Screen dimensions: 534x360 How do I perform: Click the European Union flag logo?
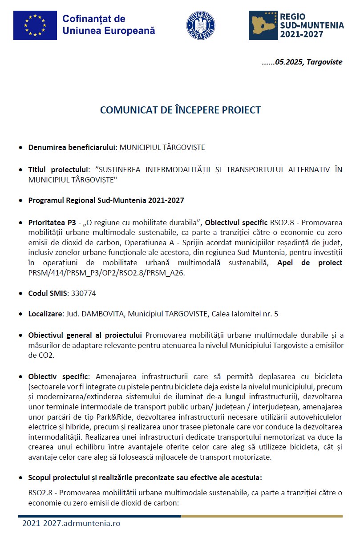pos(35,25)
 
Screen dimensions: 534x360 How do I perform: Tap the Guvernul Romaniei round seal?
pos(201,25)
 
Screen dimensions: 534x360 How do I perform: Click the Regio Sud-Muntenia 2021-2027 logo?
pos(296,25)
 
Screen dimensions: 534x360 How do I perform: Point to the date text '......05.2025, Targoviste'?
pos(302,62)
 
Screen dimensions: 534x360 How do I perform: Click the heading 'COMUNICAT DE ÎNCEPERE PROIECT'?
pos(180,110)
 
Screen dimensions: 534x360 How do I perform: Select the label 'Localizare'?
pos(45,314)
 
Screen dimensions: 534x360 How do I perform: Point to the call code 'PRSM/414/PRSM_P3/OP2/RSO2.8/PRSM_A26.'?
pos(106,273)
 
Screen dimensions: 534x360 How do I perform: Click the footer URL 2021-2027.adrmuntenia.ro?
pos(71,523)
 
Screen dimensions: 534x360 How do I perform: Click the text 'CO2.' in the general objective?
pos(36,355)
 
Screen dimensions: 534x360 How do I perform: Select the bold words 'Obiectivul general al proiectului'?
pos(85,335)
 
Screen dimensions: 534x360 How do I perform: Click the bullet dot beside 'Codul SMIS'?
pos(21,294)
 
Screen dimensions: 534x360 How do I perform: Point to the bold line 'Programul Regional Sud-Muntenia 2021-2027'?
pos(106,200)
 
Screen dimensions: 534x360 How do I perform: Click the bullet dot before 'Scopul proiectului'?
pos(21,478)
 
